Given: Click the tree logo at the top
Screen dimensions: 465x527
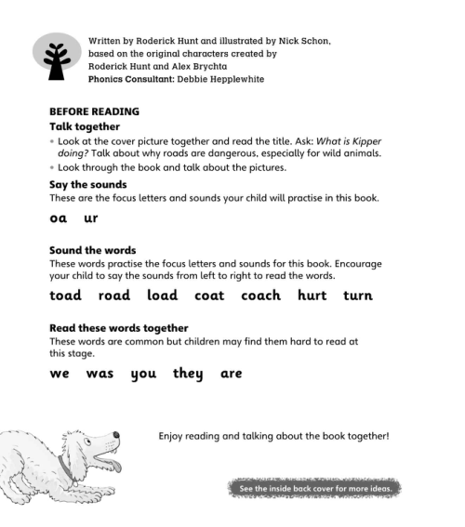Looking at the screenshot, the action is tap(58, 58).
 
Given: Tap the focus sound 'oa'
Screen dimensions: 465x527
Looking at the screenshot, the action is tap(59, 218).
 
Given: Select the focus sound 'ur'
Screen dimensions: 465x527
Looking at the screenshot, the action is tap(90, 218).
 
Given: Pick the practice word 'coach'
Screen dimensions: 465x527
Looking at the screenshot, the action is tap(260, 296).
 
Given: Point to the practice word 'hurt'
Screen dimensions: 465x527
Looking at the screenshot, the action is tap(312, 296).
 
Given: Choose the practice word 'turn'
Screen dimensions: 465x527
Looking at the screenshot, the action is tap(357, 296).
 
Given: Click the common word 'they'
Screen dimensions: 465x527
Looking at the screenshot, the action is tap(188, 374).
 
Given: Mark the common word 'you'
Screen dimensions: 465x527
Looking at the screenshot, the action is tap(143, 374).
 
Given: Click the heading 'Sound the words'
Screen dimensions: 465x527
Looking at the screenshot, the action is tap(92, 250).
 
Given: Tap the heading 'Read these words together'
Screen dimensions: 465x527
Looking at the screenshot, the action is tap(118, 328).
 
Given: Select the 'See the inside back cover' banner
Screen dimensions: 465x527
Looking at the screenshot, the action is tap(314, 488).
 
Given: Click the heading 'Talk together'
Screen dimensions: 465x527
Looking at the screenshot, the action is tap(85, 126).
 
